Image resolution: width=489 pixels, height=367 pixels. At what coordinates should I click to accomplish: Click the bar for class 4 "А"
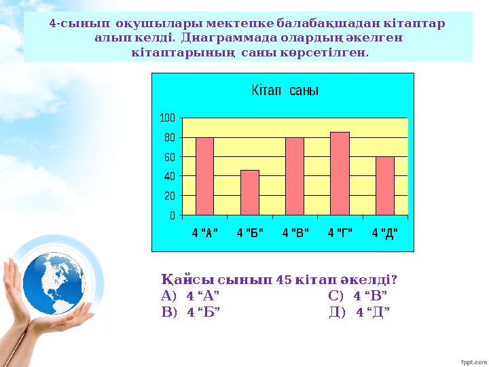tap(204, 176)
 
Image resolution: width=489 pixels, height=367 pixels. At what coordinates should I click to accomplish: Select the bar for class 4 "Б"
tap(249, 192)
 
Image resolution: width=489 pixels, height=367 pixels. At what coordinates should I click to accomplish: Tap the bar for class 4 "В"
tap(295, 176)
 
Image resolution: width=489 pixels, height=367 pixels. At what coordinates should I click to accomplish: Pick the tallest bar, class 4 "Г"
tap(340, 173)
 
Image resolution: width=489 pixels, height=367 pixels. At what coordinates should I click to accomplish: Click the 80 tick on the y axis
tap(170, 137)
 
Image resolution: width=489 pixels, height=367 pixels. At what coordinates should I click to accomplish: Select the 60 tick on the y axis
tap(170, 157)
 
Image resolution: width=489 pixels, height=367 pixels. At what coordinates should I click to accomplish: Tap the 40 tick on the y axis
tap(170, 176)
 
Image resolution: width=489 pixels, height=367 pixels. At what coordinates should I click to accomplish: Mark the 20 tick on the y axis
tap(170, 196)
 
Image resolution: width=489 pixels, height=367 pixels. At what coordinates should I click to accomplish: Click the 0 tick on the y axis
tap(173, 215)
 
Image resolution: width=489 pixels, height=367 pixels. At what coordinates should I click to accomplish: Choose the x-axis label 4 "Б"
tap(250, 233)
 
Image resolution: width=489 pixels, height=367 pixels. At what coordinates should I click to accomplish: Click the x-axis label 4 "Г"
tap(340, 233)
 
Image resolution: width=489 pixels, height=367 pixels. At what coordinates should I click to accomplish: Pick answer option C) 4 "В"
tap(358, 296)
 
